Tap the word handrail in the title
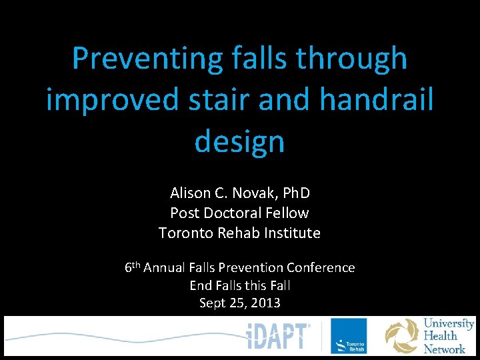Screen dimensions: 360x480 [377, 100]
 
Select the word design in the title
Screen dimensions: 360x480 [239, 141]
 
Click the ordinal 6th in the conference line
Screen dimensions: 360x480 [132, 267]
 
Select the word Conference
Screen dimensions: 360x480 [321, 267]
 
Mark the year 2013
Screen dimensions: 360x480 [265, 303]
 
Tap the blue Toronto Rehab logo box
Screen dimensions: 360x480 [349, 335]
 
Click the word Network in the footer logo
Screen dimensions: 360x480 [445, 349]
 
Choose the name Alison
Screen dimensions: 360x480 [189, 193]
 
